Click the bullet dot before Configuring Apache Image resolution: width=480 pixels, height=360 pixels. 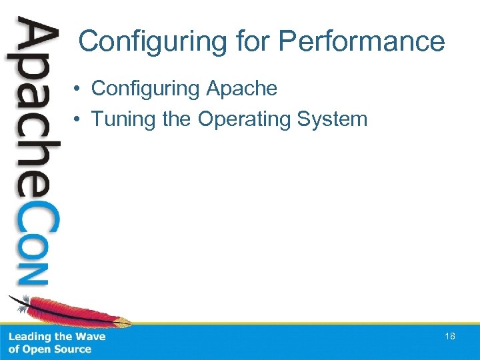coord(78,89)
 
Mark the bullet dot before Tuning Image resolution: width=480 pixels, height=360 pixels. coord(78,120)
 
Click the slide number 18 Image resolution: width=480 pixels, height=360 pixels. coord(450,337)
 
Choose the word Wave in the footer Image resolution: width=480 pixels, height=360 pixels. coord(91,337)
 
